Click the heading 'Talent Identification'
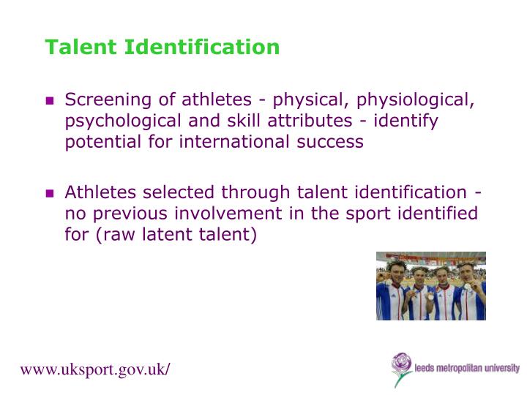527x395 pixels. pos(162,48)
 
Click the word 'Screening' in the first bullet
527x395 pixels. pos(106,100)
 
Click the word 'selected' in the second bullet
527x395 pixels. pos(176,192)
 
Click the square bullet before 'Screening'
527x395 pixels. pos(50,101)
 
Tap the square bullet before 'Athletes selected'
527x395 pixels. pos(50,194)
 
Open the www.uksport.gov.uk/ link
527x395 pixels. pos(95,369)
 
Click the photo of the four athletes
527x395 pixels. pos(430,285)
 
